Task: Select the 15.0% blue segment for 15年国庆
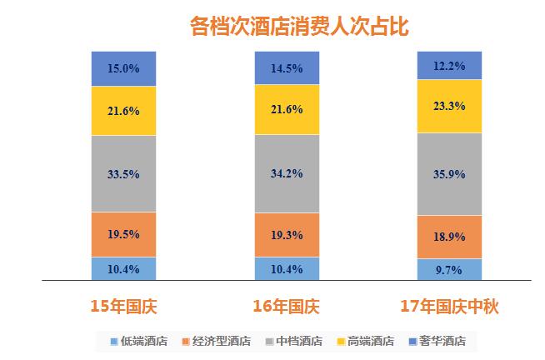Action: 123,67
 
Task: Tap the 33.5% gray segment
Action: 123,173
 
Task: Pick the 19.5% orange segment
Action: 123,234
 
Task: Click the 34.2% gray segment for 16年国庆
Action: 287,173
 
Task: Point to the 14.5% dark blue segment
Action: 287,67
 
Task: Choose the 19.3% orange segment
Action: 287,236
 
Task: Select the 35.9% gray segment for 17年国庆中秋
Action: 450,175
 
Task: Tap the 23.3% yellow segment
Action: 450,106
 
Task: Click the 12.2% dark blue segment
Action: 450,65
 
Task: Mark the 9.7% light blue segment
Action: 450,270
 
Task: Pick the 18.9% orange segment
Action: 450,238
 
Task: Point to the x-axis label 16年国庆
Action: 287,306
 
